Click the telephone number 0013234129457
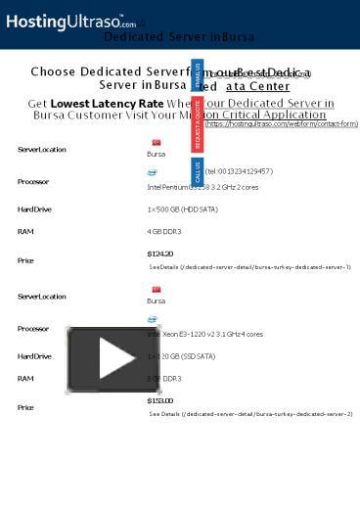[x=240, y=171]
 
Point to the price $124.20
[x=159, y=254]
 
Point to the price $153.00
[x=159, y=400]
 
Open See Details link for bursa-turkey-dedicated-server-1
[x=250, y=266]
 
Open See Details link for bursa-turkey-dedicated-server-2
[x=250, y=414]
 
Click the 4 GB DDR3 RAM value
[x=164, y=231]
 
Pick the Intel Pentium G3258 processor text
[x=202, y=186]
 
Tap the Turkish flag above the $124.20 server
[x=156, y=143]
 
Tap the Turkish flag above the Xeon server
[x=156, y=289]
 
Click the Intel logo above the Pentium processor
[x=153, y=173]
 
